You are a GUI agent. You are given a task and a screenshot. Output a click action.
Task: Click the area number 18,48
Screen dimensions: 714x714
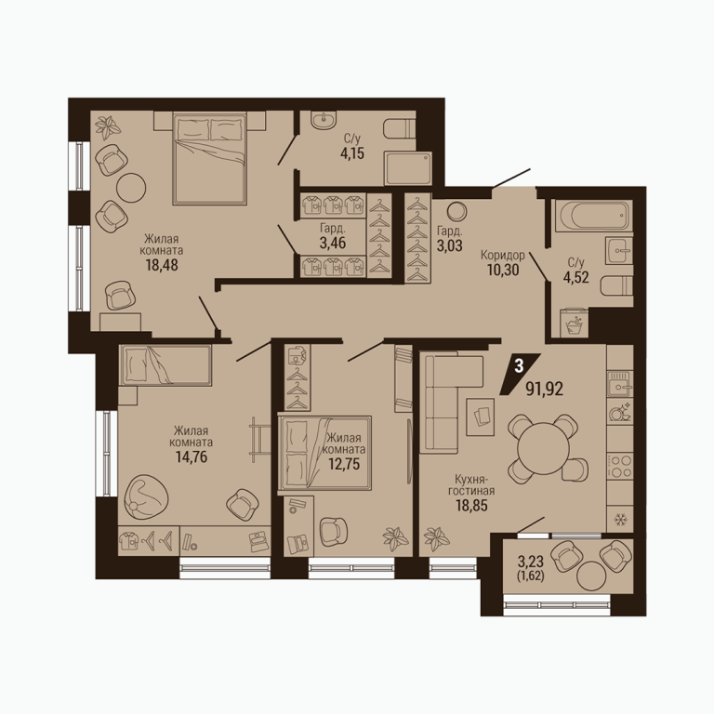tap(162, 265)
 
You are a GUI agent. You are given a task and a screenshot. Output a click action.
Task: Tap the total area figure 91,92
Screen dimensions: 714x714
tap(545, 389)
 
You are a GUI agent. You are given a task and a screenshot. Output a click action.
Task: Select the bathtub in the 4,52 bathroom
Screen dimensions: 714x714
tap(592, 216)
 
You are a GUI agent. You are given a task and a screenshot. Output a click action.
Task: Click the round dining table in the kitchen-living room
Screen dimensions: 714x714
tap(543, 447)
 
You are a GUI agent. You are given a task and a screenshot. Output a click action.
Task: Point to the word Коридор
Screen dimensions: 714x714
tap(503, 255)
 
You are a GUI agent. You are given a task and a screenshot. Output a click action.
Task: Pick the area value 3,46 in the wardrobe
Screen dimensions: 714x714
tap(333, 243)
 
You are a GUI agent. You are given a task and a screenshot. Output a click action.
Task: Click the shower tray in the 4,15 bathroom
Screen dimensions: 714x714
tap(407, 168)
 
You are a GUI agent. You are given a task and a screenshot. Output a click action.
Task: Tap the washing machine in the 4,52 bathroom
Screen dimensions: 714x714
tap(575, 323)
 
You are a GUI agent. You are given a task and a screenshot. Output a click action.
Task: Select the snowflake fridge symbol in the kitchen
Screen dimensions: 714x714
tap(619, 519)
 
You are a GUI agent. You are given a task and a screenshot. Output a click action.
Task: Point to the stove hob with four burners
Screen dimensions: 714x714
tap(620, 466)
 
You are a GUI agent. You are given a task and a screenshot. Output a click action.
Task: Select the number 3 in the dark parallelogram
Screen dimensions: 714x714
tap(519, 366)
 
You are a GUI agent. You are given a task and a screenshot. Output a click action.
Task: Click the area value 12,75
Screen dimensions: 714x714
tap(344, 464)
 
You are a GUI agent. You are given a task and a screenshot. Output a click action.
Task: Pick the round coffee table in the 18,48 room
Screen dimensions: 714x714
tap(131, 187)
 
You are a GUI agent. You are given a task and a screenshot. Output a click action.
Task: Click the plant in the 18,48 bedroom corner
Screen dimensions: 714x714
tap(109, 127)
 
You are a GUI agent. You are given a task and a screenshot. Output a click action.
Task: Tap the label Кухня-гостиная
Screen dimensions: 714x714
tap(471, 485)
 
